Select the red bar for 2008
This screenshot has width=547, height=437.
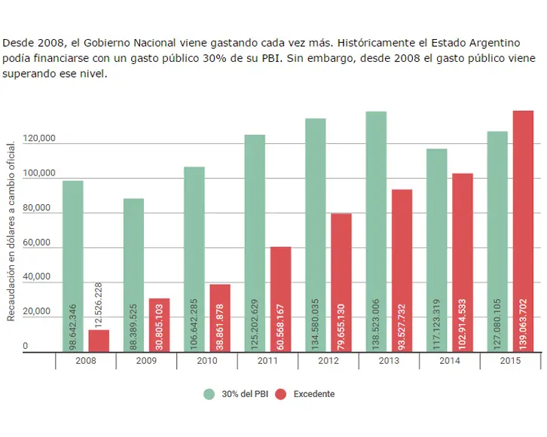pyautogui.click(x=99, y=340)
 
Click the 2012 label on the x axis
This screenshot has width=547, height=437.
pyautogui.click(x=328, y=361)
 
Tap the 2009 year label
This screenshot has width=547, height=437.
pyautogui.click(x=146, y=361)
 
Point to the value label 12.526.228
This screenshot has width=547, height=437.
pyautogui.click(x=99, y=302)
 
